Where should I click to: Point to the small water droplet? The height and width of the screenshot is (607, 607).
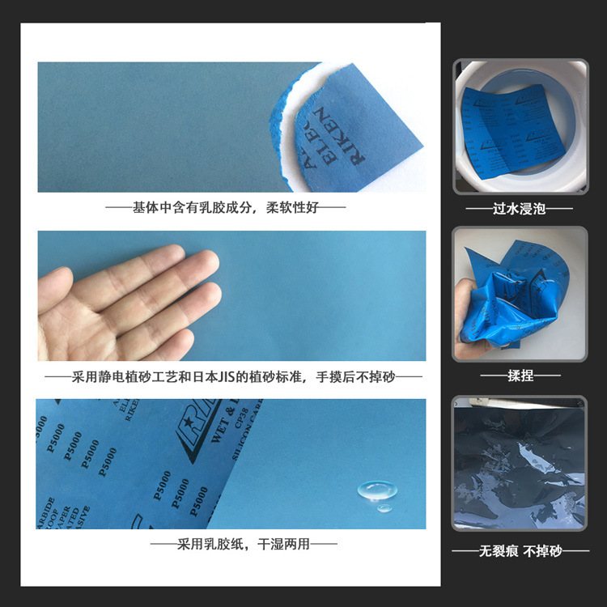tap(385, 508)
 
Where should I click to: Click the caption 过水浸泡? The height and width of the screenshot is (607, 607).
tap(520, 209)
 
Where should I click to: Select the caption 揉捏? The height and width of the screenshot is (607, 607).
tap(520, 376)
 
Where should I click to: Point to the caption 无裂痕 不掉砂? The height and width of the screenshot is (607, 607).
tap(520, 551)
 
